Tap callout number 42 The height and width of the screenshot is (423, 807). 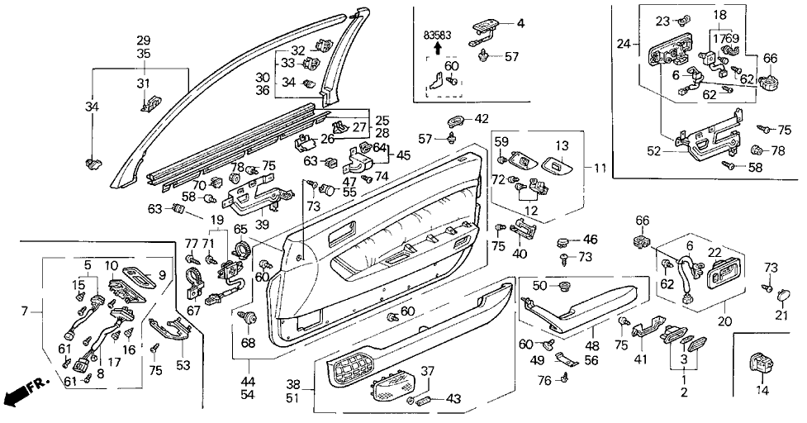point(482,118)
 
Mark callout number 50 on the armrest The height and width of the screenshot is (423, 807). point(539,286)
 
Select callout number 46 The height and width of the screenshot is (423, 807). point(590,239)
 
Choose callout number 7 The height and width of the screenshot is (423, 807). point(24,311)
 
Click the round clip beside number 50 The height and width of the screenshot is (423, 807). point(565,286)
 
